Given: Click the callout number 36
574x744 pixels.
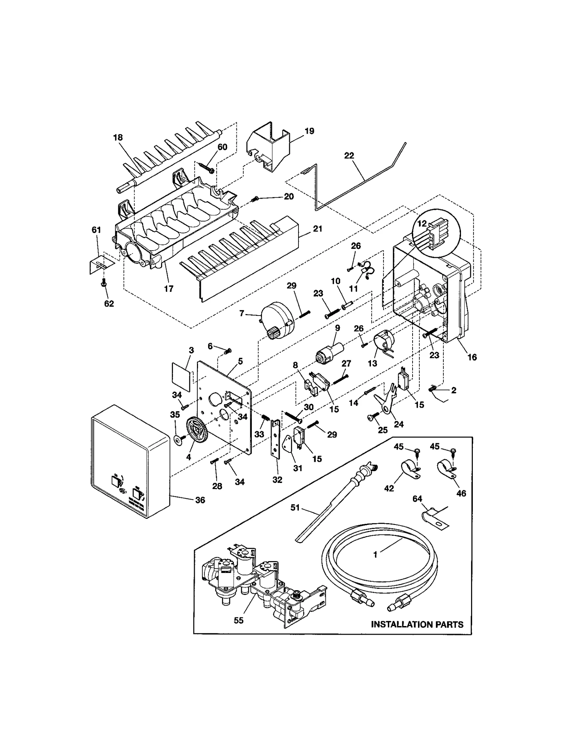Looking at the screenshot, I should [200, 500].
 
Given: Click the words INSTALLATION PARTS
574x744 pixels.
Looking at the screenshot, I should [417, 625].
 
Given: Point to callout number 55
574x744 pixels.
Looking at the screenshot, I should [238, 620].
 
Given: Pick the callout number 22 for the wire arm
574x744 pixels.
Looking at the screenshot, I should [349, 156].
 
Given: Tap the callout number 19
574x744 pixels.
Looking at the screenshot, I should [309, 131].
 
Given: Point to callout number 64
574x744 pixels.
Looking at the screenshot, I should [417, 499].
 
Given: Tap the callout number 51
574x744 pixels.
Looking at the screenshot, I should [295, 508].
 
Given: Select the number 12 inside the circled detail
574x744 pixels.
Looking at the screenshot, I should [422, 223].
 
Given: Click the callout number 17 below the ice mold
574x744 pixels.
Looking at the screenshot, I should [169, 289].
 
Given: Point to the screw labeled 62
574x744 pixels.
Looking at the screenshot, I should [104, 283].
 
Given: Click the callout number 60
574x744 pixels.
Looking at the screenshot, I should [222, 147].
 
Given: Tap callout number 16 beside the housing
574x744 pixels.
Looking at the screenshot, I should [472, 357].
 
